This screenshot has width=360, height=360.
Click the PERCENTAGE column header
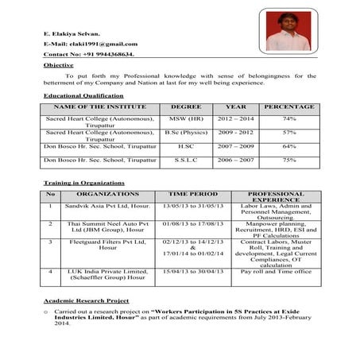tap(289, 106)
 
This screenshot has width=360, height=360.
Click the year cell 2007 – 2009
tap(236, 146)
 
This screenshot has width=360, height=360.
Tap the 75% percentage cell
tap(289, 160)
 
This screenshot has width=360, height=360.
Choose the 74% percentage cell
tap(289, 118)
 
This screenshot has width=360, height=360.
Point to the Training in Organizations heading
tap(85, 183)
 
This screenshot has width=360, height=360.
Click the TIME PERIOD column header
tap(193, 193)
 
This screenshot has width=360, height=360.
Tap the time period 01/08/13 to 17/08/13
tap(193, 225)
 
